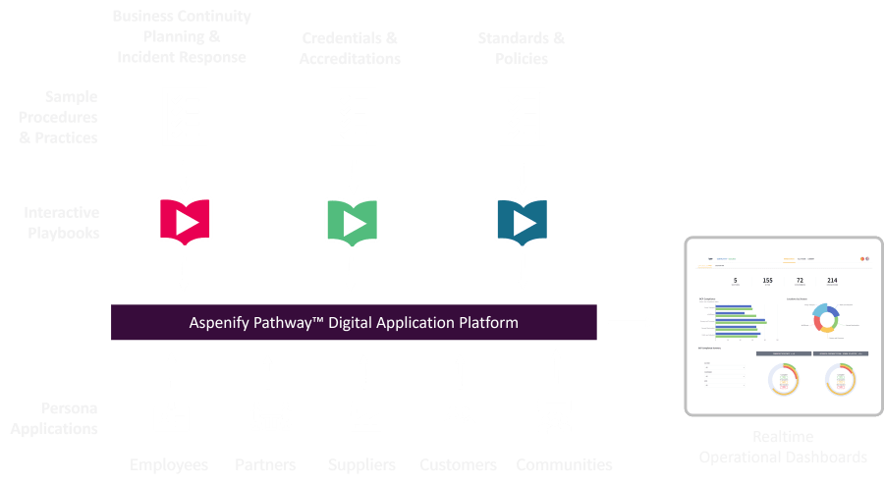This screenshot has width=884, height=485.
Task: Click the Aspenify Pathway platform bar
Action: tap(354, 322)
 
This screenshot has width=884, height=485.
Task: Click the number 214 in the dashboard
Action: tap(832, 281)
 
